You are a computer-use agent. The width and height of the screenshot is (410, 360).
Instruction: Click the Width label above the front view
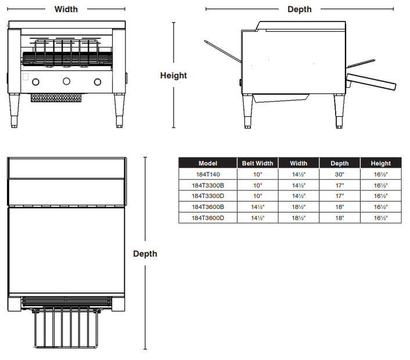[66, 9]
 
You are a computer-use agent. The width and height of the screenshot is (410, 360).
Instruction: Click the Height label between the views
[173, 75]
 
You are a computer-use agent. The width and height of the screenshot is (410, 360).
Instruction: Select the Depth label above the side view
[299, 9]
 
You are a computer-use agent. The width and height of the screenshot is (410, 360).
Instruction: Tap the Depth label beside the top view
[145, 254]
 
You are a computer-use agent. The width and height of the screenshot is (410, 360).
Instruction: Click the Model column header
[207, 163]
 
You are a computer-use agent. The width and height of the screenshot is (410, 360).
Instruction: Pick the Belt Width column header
[257, 163]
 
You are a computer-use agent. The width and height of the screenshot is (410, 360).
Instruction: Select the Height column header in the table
[381, 163]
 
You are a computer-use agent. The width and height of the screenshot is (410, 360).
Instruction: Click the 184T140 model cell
[207, 174]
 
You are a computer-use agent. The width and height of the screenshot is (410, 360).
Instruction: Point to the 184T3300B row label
[207, 185]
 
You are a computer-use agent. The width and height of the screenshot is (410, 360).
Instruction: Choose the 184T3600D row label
[207, 218]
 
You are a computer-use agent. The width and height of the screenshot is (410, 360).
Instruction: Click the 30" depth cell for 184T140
[340, 174]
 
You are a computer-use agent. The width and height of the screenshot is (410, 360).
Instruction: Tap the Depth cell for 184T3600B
[340, 207]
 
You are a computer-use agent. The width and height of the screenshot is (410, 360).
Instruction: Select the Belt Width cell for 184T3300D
[257, 196]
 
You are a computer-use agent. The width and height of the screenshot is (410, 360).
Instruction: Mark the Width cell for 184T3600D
[298, 218]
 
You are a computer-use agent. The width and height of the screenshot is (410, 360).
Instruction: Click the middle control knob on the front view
[66, 81]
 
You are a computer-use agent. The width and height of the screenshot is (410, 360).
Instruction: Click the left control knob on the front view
[36, 81]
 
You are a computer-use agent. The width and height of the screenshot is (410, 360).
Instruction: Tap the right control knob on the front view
[96, 81]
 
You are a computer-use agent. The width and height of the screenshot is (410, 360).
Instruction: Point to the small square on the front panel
[25, 76]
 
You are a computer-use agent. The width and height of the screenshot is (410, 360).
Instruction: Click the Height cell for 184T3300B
[381, 185]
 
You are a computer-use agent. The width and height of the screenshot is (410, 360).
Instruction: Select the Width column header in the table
[298, 163]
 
